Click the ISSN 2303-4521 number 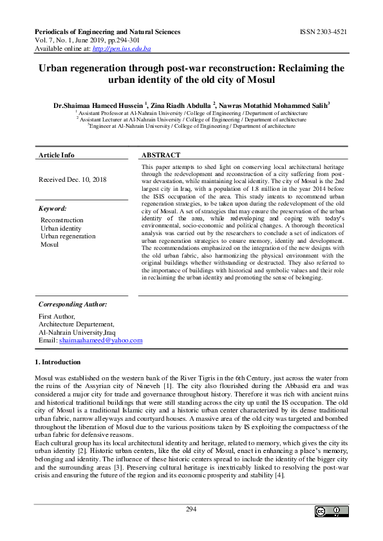pos(325,31)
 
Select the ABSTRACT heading pos(161,155)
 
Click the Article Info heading pos(57,155)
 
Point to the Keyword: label pos(53,209)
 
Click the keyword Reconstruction pos(62,220)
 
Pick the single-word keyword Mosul pos(50,245)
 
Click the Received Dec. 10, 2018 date pos(73,180)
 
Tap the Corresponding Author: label pos(73,304)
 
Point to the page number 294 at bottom pos(191,510)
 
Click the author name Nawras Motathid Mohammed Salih pos(273,104)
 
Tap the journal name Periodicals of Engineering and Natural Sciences pos(106,31)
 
